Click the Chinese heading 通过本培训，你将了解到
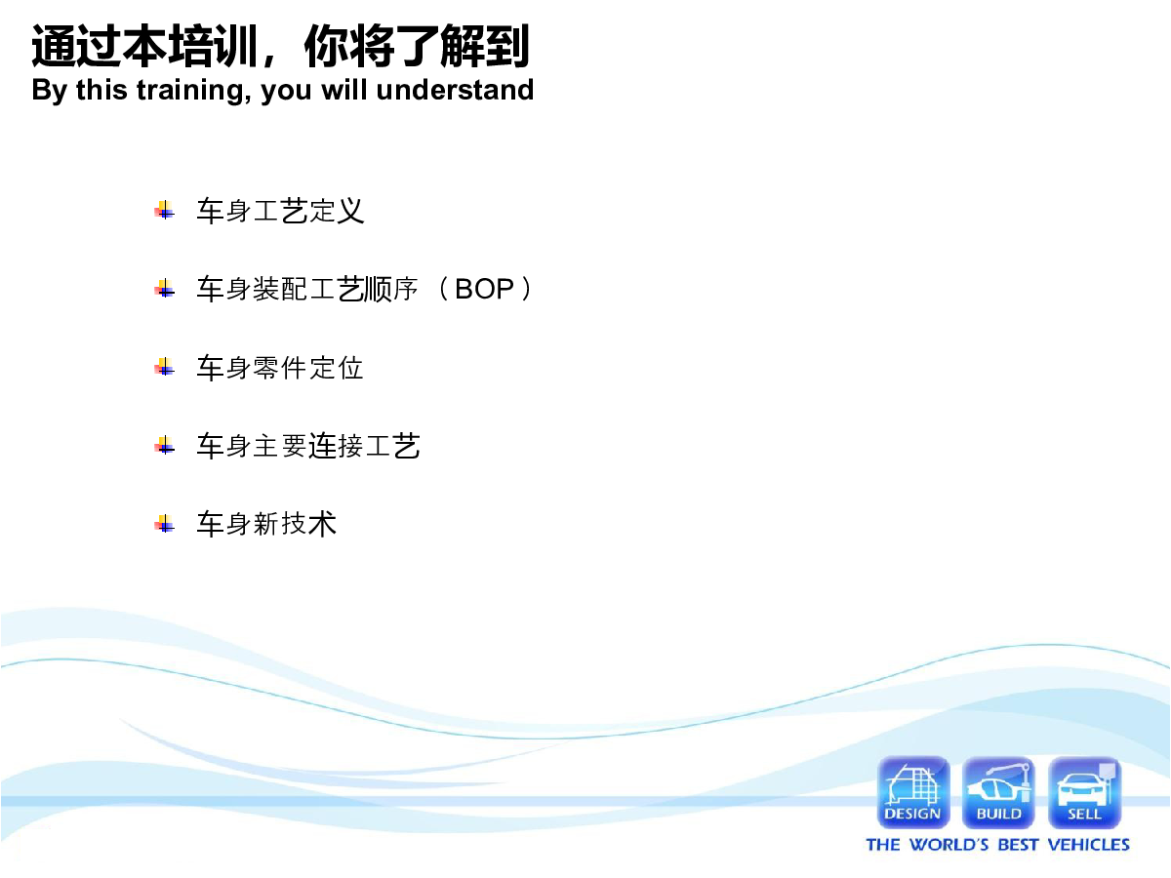[281, 47]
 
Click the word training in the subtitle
[194, 90]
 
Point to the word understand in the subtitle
[455, 89]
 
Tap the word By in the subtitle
[50, 90]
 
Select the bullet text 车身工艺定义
[280, 211]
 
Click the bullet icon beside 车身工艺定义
[164, 211]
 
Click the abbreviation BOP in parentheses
[484, 289]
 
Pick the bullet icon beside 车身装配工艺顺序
[164, 289]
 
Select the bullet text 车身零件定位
[280, 368]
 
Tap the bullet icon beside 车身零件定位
[164, 368]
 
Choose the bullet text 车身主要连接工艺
[308, 446]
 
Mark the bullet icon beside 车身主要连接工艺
[164, 446]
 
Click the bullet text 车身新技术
[266, 524]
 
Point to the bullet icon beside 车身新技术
[164, 524]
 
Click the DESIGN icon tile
[913, 792]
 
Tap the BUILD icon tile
[998, 792]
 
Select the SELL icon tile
[1084, 792]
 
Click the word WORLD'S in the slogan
[949, 845]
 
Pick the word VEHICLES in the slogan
[1088, 845]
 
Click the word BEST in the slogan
[1018, 845]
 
